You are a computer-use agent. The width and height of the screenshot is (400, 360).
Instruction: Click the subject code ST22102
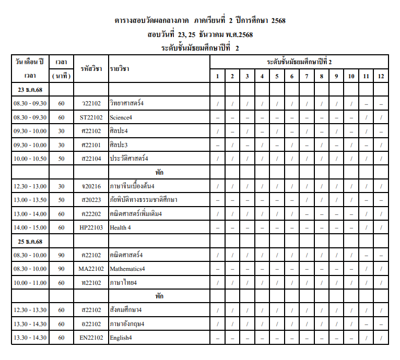tap(91, 117)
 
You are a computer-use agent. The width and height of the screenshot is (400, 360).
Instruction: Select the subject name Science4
tap(121, 117)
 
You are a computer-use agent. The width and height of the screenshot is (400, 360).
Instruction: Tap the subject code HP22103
tap(91, 227)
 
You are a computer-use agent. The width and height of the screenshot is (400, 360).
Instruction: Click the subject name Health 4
tap(120, 227)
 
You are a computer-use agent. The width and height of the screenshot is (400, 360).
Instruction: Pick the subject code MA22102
tap(91, 269)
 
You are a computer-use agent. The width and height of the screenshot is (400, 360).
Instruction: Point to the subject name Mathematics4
tap(127, 269)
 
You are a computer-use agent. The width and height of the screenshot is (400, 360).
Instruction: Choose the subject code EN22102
tap(91, 338)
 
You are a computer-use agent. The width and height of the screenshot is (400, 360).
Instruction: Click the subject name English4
tap(121, 338)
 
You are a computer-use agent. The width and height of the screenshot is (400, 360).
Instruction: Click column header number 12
tap(381, 76)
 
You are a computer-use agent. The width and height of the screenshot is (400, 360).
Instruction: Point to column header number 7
tap(307, 76)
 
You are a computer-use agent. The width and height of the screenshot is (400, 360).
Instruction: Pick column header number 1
tap(217, 76)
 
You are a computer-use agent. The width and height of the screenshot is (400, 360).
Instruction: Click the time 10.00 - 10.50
tap(30, 158)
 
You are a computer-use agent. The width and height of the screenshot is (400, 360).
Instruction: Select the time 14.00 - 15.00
tap(30, 227)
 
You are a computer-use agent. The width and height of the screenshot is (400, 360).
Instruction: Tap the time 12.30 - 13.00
tap(30, 186)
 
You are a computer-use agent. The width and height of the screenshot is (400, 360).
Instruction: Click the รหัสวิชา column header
tap(91, 69)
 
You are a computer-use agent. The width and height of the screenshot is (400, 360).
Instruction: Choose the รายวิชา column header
tap(120, 69)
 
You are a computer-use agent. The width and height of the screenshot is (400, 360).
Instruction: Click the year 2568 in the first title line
tap(275, 20)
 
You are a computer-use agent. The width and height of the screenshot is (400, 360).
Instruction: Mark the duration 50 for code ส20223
tap(61, 200)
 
